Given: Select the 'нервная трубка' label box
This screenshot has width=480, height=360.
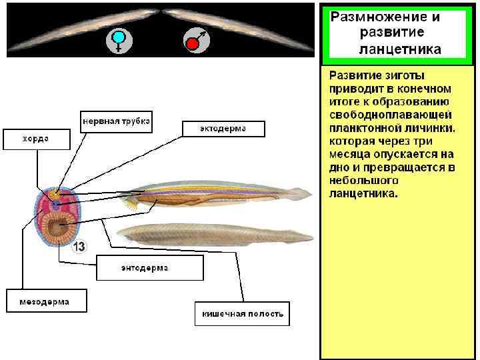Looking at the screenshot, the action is click(x=117, y=121).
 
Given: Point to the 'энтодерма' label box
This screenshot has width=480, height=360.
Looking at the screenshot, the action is click(x=149, y=268).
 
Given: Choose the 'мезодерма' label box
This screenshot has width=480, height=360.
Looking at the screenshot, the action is click(x=47, y=301).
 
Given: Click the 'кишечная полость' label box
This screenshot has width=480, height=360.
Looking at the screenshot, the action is click(x=242, y=313).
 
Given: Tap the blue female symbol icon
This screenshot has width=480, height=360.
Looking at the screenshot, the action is click(x=119, y=41).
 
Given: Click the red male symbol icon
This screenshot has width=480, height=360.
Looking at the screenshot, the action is click(x=195, y=42).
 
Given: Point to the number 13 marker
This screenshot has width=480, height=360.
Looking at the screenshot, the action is click(x=79, y=246).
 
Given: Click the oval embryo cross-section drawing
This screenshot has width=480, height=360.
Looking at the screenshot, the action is click(x=58, y=218).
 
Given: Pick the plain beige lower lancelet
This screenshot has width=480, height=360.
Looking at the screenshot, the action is click(x=213, y=233).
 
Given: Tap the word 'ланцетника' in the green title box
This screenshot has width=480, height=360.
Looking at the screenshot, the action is click(x=399, y=49).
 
